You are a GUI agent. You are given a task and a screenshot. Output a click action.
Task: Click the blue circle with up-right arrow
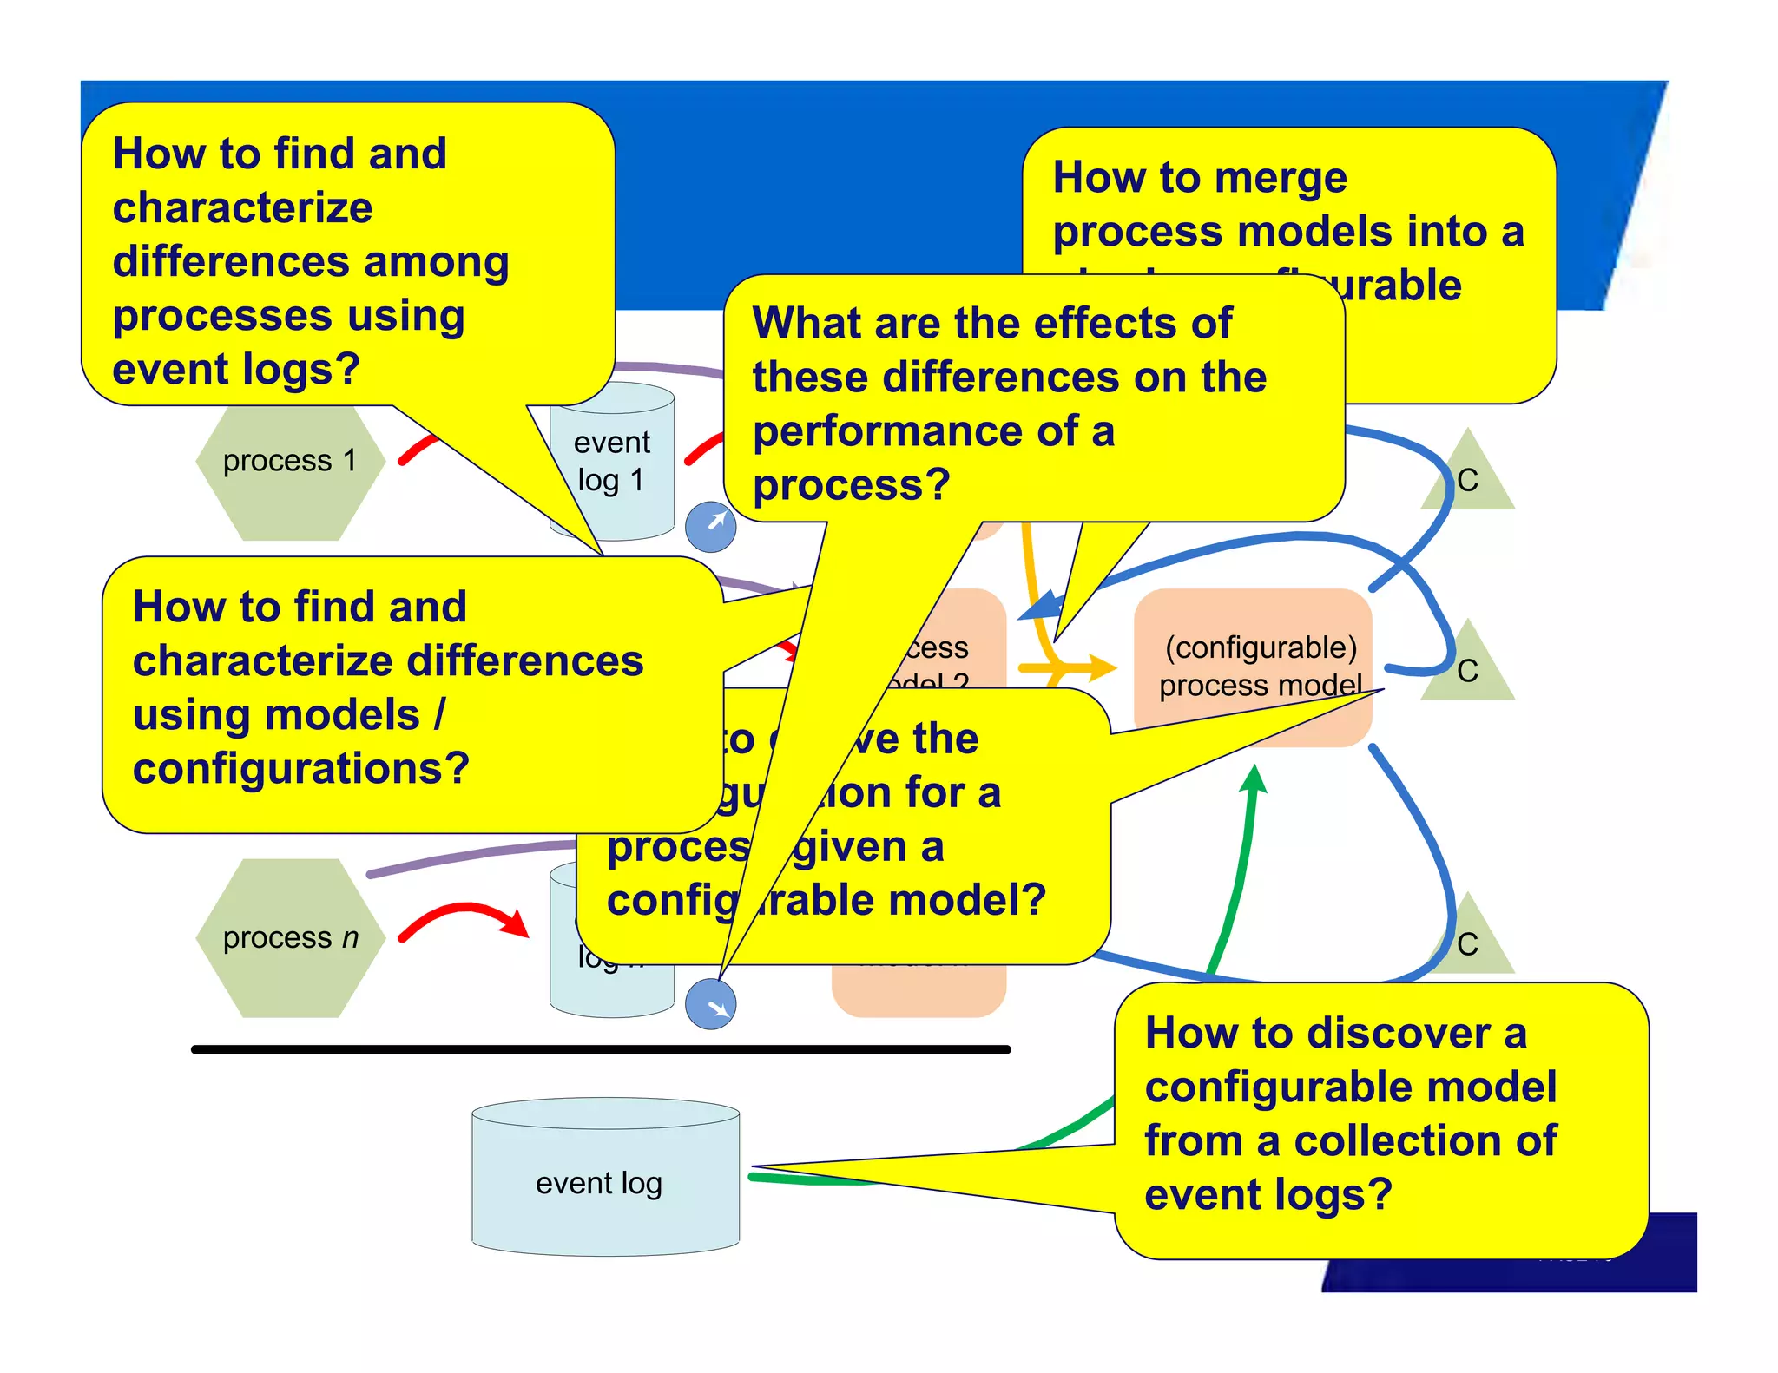click(x=710, y=526)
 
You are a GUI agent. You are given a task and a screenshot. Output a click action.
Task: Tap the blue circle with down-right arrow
click(x=710, y=1004)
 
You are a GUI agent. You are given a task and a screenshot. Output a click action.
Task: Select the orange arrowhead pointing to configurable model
click(x=1102, y=667)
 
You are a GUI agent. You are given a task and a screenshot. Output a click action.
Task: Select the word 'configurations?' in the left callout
click(x=300, y=769)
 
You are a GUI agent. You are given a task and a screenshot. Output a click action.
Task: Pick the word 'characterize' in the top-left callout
click(x=242, y=208)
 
